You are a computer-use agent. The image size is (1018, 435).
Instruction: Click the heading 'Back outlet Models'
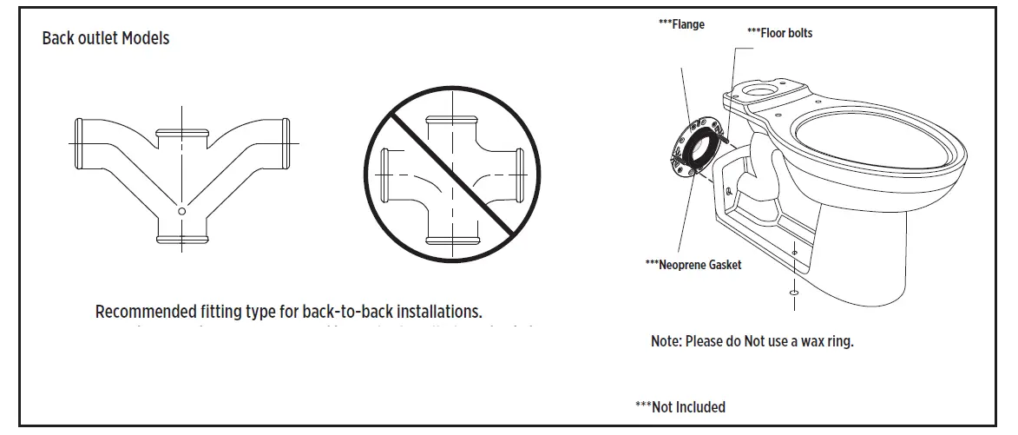[105, 39]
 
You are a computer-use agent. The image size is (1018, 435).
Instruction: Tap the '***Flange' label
[681, 25]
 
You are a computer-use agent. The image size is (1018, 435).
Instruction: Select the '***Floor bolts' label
[779, 33]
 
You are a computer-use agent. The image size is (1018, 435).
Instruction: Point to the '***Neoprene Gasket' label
[693, 265]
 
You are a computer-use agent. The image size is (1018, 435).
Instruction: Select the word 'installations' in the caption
[439, 312]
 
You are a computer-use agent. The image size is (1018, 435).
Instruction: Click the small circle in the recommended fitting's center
[181, 211]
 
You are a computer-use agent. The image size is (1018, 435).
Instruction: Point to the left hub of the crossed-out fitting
[386, 176]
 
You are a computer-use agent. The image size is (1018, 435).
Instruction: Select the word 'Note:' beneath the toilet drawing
[667, 341]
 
